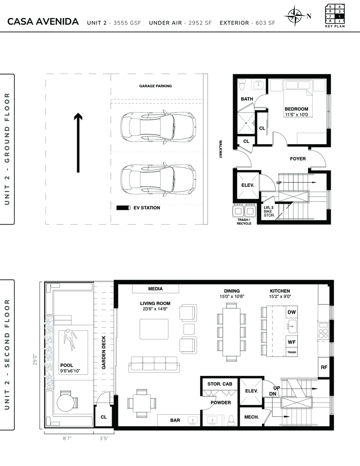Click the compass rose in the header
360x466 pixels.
(294, 16)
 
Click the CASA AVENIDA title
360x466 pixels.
(43, 22)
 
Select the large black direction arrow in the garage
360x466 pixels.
(78, 143)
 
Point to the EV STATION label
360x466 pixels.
(147, 208)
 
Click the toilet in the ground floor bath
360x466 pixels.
(242, 84)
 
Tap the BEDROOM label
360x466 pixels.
(297, 109)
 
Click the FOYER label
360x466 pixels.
(298, 158)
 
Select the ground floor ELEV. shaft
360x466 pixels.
(247, 185)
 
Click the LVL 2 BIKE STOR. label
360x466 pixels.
(269, 211)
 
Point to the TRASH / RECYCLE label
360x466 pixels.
(244, 222)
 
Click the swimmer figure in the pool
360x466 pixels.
(70, 339)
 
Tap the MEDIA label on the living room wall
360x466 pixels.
(155, 289)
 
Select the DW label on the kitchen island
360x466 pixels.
(292, 312)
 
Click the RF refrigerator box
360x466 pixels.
(324, 367)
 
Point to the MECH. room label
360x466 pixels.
(252, 417)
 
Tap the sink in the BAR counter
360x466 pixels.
(193, 420)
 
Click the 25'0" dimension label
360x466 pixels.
(35, 359)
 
